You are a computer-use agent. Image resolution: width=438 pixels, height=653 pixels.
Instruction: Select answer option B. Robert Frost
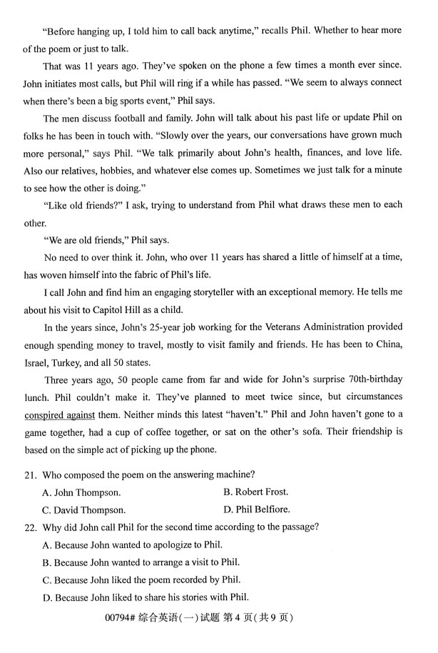click(256, 492)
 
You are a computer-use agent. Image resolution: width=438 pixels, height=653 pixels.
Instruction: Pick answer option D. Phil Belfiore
click(256, 509)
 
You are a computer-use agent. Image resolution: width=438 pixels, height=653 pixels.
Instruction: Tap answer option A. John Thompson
click(81, 492)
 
